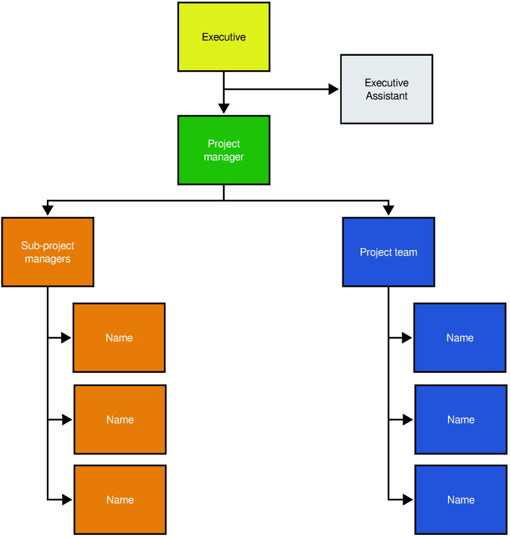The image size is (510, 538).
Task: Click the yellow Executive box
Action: coord(223,37)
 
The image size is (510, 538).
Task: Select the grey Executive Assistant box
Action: coord(386,89)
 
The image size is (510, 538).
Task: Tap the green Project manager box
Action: coord(223,150)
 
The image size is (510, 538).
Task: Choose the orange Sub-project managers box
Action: coord(47,252)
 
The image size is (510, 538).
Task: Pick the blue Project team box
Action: coord(388,252)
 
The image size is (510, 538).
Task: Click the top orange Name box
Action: coord(119,337)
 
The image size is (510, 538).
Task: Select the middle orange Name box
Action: coord(120,419)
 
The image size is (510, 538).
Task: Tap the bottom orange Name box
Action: coord(120,499)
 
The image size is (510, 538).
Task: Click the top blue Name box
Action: coord(459,337)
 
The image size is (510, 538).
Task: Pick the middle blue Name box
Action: coord(460,419)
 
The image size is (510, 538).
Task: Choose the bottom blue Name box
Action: coord(460,499)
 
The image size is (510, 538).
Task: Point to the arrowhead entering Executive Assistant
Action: coord(333,89)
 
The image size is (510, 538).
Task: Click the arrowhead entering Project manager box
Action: coord(223,109)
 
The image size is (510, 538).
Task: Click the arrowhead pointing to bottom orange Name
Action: coord(66,499)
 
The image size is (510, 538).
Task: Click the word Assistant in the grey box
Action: coord(386,96)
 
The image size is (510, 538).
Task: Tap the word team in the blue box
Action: coord(406,252)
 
